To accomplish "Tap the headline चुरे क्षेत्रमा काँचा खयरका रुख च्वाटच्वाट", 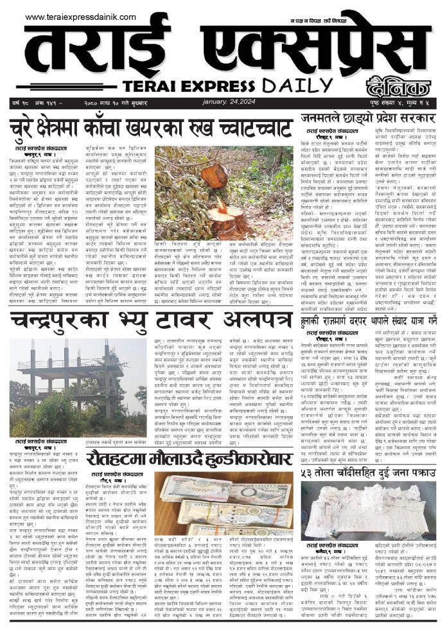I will pos(151,127).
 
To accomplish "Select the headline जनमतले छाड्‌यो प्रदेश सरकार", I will pos(371,119).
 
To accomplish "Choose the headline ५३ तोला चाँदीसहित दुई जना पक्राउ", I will pos(371,471).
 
